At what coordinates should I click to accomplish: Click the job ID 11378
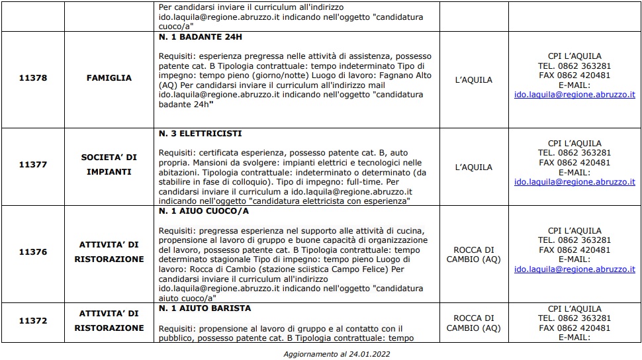pyautogui.click(x=33, y=78)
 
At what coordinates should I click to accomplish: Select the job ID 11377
pyautogui.click(x=33, y=165)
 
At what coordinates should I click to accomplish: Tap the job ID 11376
pyautogui.click(x=33, y=252)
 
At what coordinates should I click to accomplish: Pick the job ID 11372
pyautogui.click(x=33, y=320)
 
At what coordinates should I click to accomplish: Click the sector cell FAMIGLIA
pyautogui.click(x=109, y=78)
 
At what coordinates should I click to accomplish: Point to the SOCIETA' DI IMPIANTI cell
pyautogui.click(x=109, y=165)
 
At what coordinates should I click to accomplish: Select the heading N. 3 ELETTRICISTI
pyautogui.click(x=201, y=134)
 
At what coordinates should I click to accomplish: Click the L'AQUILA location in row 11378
pyautogui.click(x=474, y=80)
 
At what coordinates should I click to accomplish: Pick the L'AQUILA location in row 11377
pyautogui.click(x=474, y=167)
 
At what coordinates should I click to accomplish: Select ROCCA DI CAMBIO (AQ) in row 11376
pyautogui.click(x=474, y=255)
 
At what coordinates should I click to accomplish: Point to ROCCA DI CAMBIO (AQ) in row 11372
pyautogui.click(x=474, y=323)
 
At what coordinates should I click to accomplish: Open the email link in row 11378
pyautogui.click(x=574, y=95)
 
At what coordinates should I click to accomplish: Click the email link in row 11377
pyautogui.click(x=574, y=181)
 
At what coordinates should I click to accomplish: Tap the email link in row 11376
pyautogui.click(x=574, y=269)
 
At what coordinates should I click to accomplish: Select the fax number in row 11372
pyautogui.click(x=574, y=328)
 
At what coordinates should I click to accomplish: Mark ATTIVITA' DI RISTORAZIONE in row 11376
pyautogui.click(x=109, y=252)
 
